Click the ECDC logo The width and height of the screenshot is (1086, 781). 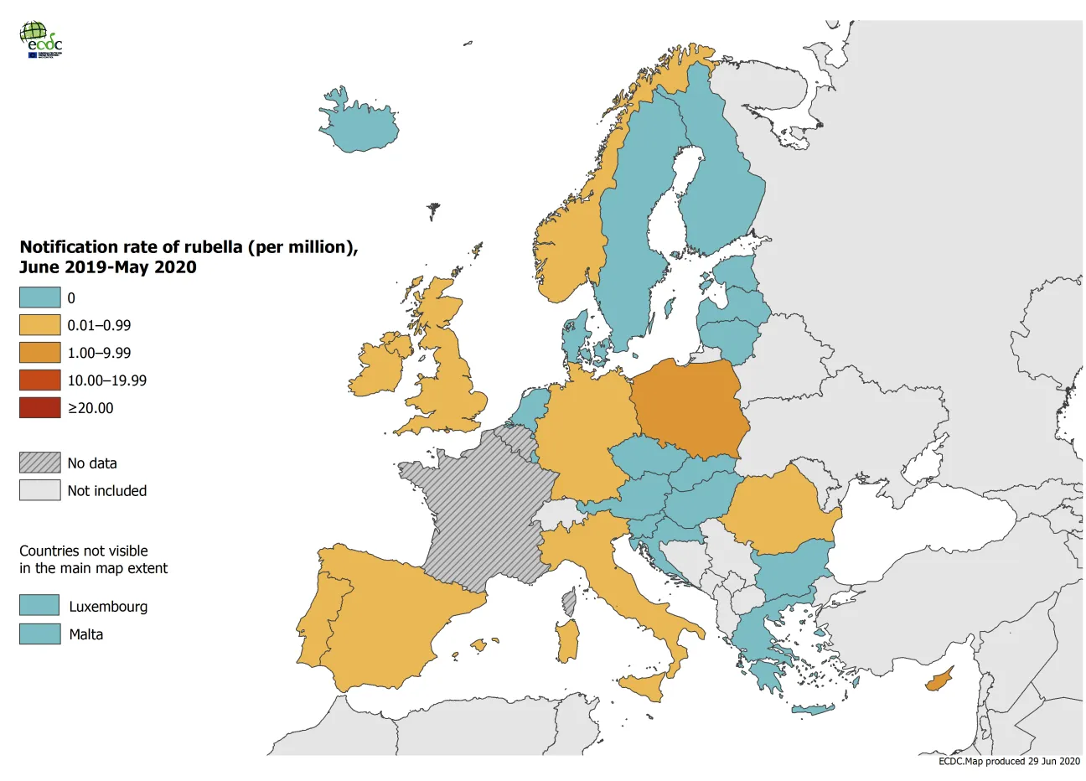pyautogui.click(x=40, y=39)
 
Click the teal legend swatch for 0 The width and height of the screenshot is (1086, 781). pyautogui.click(x=40, y=297)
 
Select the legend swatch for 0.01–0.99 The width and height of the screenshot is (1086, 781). pyautogui.click(x=40, y=325)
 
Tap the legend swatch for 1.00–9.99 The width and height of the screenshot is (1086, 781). pyautogui.click(x=40, y=353)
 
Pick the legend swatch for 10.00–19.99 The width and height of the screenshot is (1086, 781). pyautogui.click(x=40, y=380)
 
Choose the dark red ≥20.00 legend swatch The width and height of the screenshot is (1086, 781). pyautogui.click(x=40, y=408)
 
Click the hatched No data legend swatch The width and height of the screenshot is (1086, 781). pyautogui.click(x=40, y=463)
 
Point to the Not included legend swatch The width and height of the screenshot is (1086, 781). pyautogui.click(x=40, y=490)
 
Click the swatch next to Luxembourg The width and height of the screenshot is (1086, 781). pyautogui.click(x=40, y=606)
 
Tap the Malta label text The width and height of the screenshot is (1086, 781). pyautogui.click(x=86, y=634)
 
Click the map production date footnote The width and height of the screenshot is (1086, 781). pyautogui.click(x=1009, y=761)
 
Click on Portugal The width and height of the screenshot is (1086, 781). pyautogui.click(x=312, y=620)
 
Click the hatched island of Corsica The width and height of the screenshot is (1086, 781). pyautogui.click(x=570, y=600)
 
